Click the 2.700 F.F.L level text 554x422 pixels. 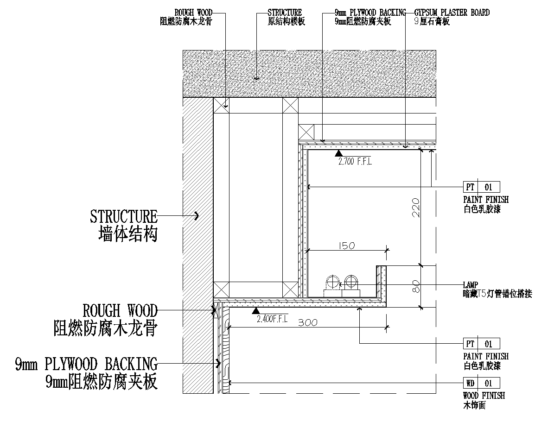[x=355, y=162]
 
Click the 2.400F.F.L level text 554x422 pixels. [x=273, y=319]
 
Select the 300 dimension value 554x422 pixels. [x=307, y=323]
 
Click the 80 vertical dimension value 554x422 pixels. [x=415, y=286]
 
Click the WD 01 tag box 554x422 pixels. [x=481, y=383]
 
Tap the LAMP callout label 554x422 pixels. [x=470, y=285]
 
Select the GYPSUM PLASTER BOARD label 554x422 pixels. [x=452, y=13]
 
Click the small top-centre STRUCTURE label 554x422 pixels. [x=285, y=13]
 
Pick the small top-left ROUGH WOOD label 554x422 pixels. [x=191, y=13]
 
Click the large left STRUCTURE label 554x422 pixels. [x=124, y=216]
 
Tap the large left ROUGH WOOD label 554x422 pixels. [x=120, y=310]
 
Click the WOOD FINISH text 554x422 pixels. [x=484, y=396]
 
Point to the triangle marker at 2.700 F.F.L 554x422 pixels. [x=339, y=153]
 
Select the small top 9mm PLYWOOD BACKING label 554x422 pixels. [x=370, y=13]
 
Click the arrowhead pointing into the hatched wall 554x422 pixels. [x=197, y=215]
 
